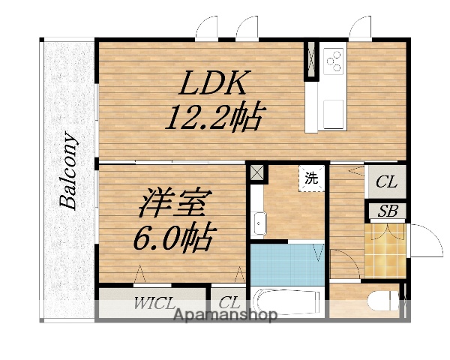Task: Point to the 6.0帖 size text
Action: click(173, 238)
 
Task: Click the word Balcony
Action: click(69, 170)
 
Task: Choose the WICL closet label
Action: click(154, 304)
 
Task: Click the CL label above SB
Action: click(386, 182)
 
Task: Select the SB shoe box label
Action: click(387, 211)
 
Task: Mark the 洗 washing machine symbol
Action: click(310, 178)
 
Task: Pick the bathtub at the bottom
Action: click(287, 302)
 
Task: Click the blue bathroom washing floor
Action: click(285, 263)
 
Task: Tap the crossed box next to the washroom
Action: click(257, 172)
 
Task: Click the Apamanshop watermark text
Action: click(226, 315)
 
